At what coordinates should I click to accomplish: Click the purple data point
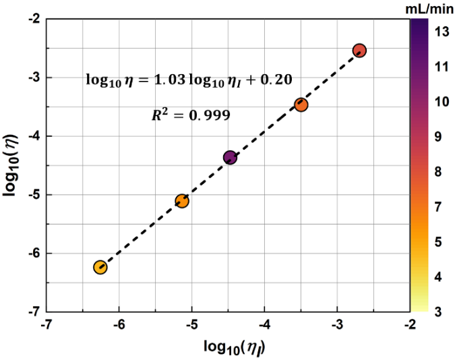pos(230,157)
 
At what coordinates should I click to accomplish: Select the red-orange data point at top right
pos(359,51)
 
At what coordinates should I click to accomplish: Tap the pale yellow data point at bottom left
pos(100,267)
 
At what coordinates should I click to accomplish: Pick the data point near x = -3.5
pos(301,104)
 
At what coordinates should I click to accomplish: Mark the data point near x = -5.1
pos(182,201)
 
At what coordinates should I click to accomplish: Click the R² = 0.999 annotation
pos(191,115)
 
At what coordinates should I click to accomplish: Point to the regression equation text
pos(189,80)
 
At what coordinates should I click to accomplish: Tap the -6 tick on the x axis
pos(119,324)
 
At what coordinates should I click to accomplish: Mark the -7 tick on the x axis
pos(46,324)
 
